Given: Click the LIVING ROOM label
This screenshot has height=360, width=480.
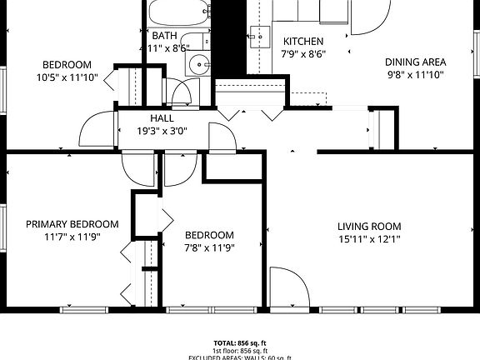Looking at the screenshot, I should pos(369,226).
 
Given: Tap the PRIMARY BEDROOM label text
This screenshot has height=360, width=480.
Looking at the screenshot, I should pos(72,224).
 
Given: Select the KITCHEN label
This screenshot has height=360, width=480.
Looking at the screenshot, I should pos(303,42).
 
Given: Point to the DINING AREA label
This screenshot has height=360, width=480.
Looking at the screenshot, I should pos(415,62).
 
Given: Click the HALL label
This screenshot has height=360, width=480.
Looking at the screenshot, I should pos(162,118).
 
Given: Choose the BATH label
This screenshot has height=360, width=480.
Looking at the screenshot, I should pos(164,35).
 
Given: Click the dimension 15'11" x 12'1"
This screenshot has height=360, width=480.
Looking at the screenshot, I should pos(369,240).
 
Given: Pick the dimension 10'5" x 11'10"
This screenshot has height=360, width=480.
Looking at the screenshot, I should pos(67,77).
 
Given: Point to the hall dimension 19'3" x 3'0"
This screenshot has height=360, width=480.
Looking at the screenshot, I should pos(162,131).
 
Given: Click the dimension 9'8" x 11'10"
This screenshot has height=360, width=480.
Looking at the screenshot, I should pos(415,75).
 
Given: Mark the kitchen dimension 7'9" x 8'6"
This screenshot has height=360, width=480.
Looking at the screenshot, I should pos(303,54).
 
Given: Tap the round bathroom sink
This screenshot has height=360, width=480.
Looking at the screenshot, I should pos(201,64).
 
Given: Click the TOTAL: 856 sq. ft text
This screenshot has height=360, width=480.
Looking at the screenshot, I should pos(239,342).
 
